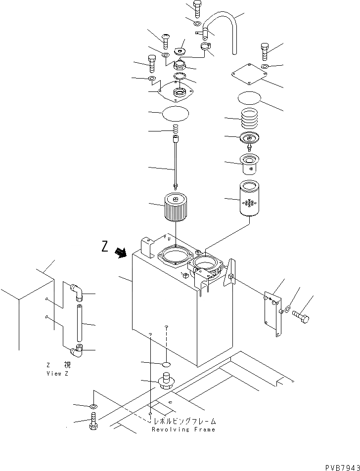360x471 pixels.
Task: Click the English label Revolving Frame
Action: pyautogui.click(x=183, y=429)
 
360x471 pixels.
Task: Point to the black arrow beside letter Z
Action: pyautogui.click(x=120, y=253)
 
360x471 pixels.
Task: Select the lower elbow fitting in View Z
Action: pyautogui.click(x=76, y=351)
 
